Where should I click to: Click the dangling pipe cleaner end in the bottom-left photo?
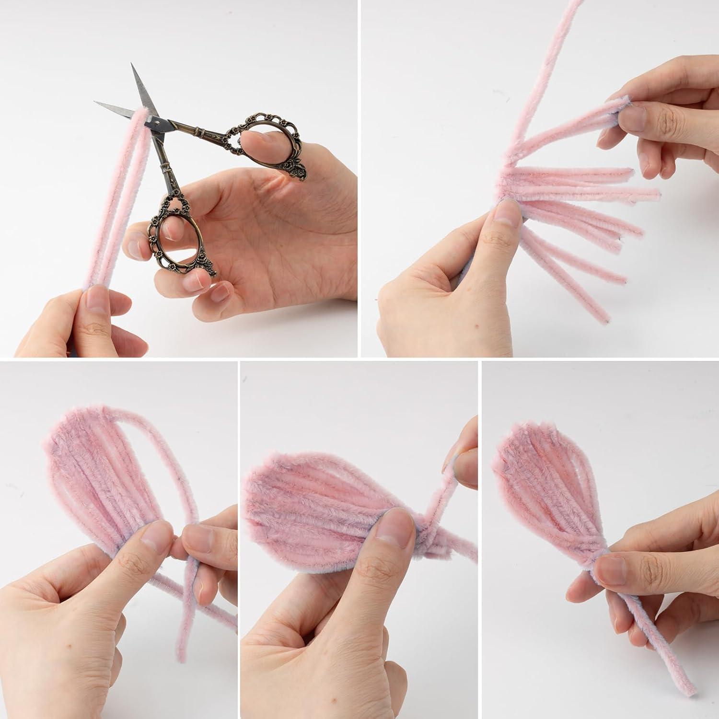(183, 659)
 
